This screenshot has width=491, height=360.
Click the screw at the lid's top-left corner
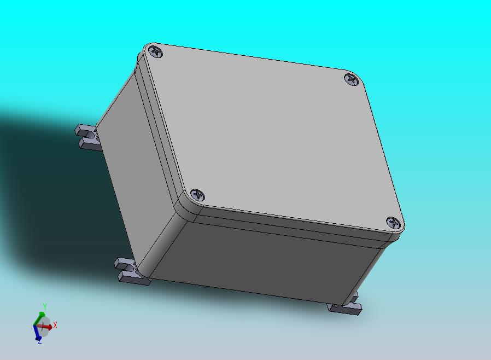click(x=155, y=51)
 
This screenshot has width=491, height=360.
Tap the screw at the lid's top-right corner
click(x=352, y=79)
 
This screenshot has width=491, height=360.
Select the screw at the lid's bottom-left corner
click(x=197, y=195)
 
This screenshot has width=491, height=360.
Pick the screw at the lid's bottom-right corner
click(x=393, y=223)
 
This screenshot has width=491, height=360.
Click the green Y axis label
click(x=45, y=306)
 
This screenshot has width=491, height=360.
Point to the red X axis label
click(x=55, y=325)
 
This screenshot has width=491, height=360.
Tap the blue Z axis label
click(x=40, y=341)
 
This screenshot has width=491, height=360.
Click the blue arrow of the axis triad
click(x=36, y=333)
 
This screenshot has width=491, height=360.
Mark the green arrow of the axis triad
click(x=39, y=319)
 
